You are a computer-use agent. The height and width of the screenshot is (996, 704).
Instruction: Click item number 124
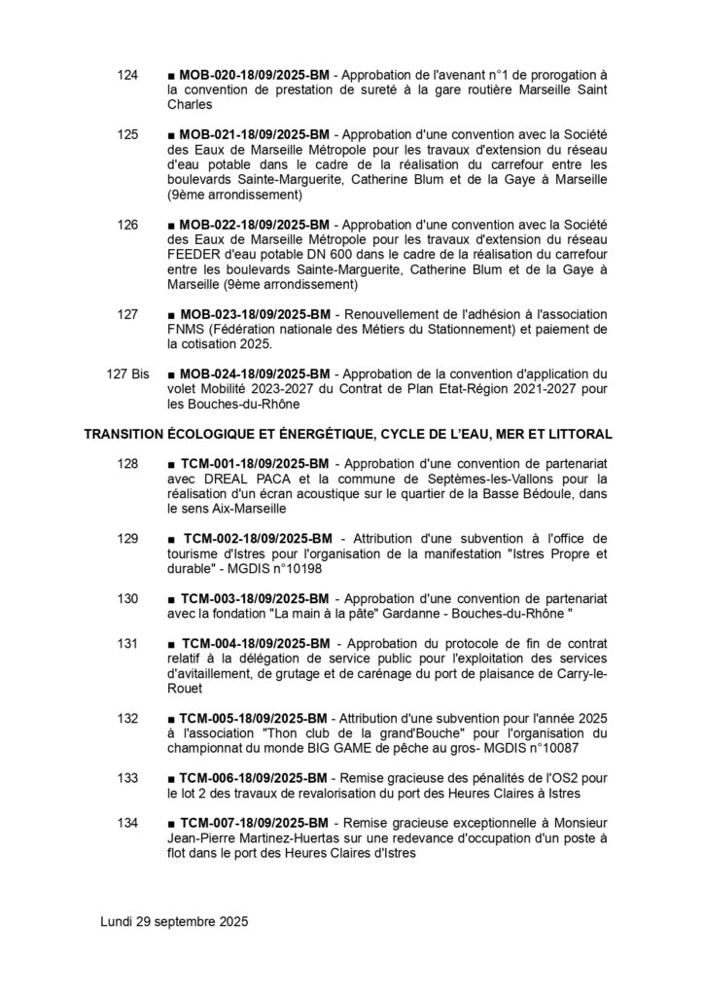pos(127,74)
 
